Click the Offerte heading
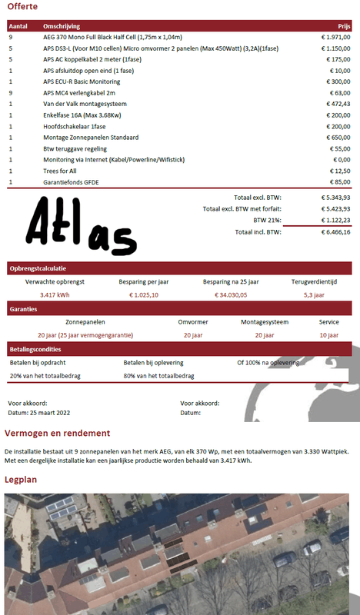(22, 7)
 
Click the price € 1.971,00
(335, 36)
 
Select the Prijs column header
(344, 25)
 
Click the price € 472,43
(337, 103)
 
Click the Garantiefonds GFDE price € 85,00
(338, 181)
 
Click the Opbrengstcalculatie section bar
(38, 268)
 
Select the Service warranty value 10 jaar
(328, 334)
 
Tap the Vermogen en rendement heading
(57, 434)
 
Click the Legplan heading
(22, 479)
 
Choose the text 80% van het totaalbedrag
(158, 375)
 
